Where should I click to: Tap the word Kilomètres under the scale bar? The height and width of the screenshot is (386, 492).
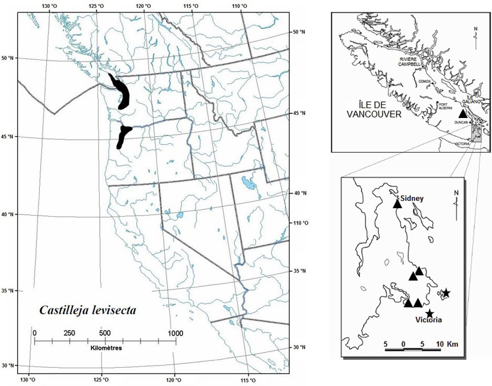106,347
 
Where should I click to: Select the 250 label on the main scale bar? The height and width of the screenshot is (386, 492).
68,333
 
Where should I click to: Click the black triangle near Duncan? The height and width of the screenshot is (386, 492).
463,114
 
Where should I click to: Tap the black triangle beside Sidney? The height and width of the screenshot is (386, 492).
397,204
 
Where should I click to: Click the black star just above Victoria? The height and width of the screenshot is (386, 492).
429,313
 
